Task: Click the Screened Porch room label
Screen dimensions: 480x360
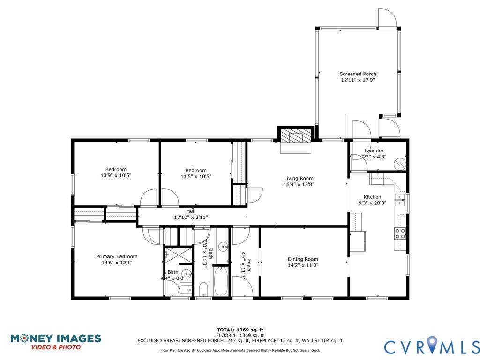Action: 358,74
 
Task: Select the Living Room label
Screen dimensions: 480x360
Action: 299,178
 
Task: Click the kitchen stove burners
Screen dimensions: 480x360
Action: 400,233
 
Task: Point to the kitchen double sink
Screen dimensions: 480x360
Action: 400,200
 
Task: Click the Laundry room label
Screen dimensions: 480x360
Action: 374,150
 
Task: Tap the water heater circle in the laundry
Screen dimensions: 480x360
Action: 400,164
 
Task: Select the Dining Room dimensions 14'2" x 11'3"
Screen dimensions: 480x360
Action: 303,265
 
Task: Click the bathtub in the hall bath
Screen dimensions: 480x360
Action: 220,281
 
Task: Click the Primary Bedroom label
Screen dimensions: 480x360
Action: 117,256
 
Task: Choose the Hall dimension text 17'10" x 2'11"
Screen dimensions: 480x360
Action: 191,217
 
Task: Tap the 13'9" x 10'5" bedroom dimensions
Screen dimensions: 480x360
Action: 116,176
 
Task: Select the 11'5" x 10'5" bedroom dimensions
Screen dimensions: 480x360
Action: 196,177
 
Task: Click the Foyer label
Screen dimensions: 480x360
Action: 249,266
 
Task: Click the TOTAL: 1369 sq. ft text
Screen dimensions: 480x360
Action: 240,330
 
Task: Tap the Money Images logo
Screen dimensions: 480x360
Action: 56,342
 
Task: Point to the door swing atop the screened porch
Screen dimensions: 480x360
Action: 388,18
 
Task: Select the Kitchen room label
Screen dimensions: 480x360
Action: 373,197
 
